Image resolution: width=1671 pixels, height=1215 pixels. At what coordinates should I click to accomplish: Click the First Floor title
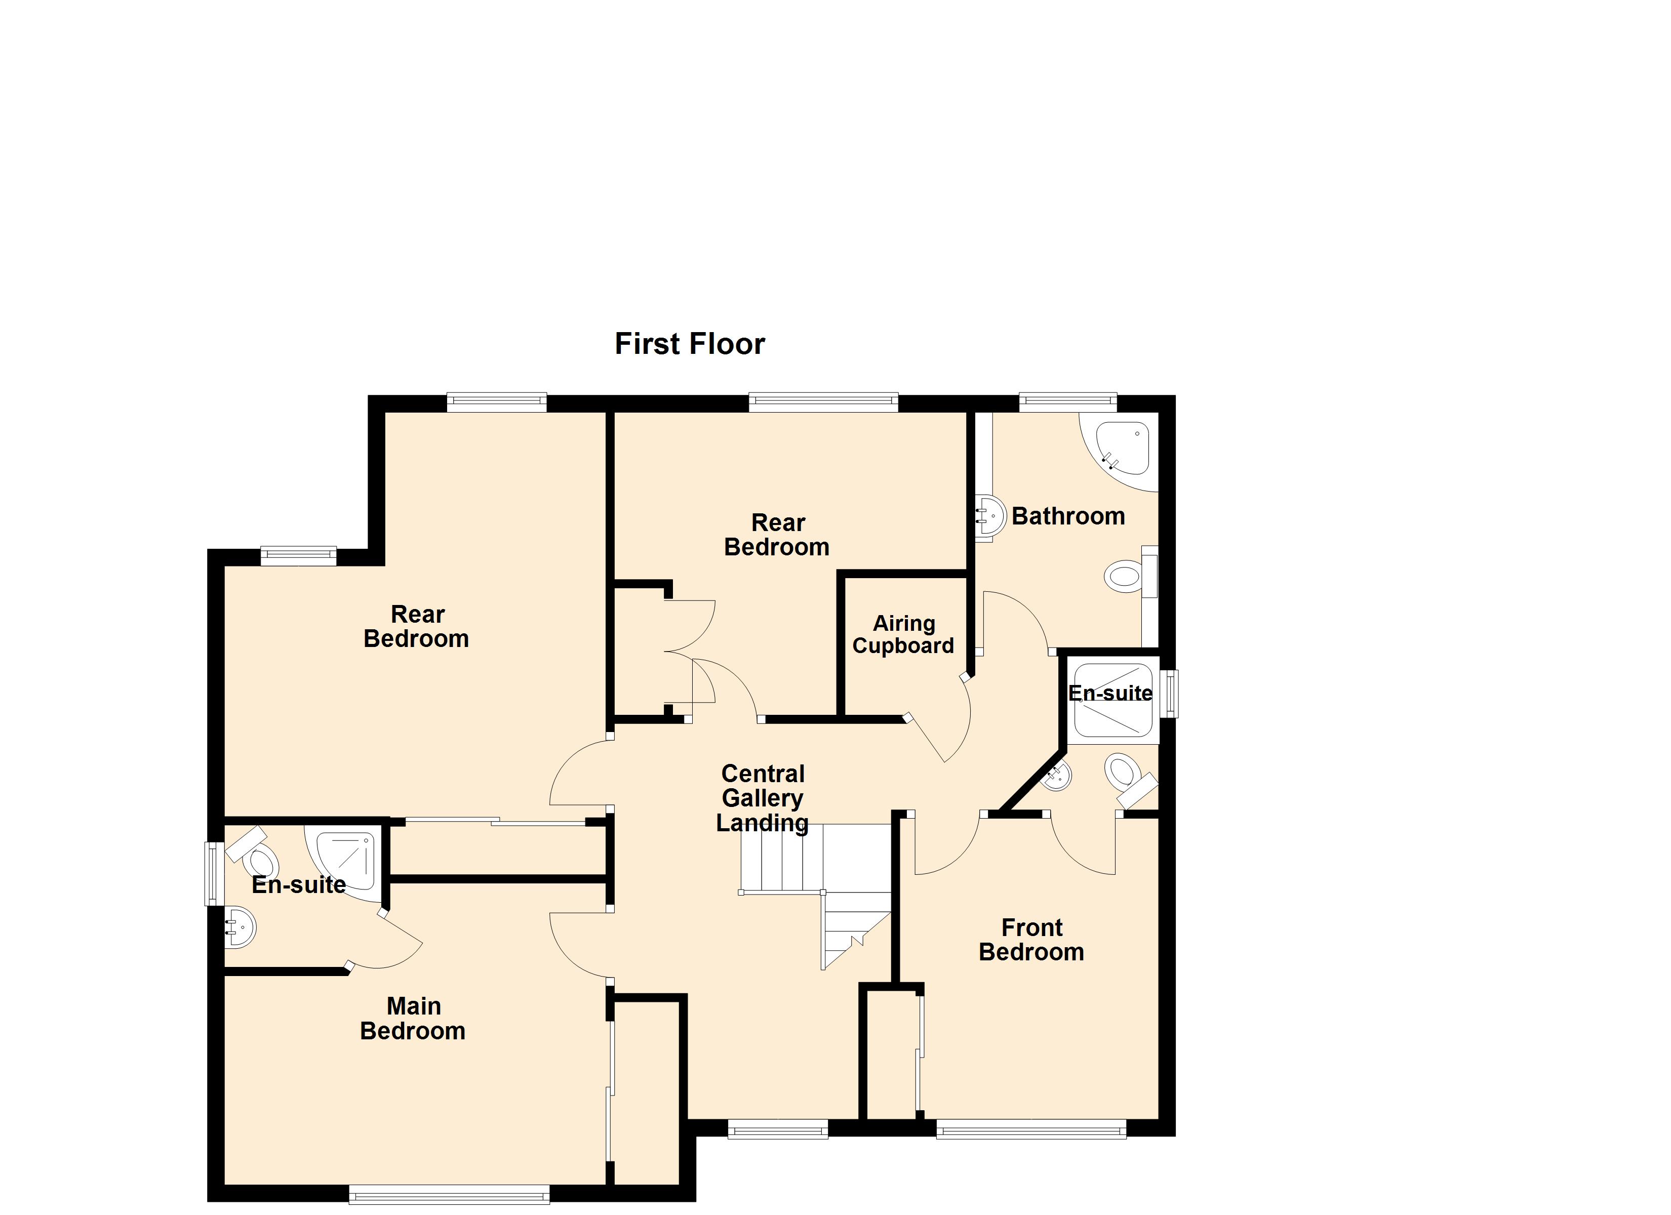(x=690, y=344)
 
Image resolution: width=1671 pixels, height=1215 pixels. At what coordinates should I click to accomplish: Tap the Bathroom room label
(x=1068, y=516)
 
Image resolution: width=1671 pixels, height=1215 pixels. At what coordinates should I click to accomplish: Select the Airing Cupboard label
(x=903, y=634)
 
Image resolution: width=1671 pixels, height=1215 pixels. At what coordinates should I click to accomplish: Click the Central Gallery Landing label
(x=763, y=798)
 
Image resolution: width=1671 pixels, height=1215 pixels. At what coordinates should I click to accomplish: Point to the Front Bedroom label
(x=1031, y=940)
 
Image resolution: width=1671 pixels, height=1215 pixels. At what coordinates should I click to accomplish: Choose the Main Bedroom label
(x=413, y=1018)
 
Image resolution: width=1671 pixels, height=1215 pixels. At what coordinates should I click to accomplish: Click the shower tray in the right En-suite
(x=1112, y=700)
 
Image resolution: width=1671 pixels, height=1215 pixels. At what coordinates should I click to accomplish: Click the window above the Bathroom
(x=1067, y=402)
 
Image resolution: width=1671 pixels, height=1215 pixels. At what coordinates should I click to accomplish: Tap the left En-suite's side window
(x=214, y=873)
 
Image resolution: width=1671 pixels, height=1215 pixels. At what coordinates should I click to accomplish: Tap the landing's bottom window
(x=778, y=1129)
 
